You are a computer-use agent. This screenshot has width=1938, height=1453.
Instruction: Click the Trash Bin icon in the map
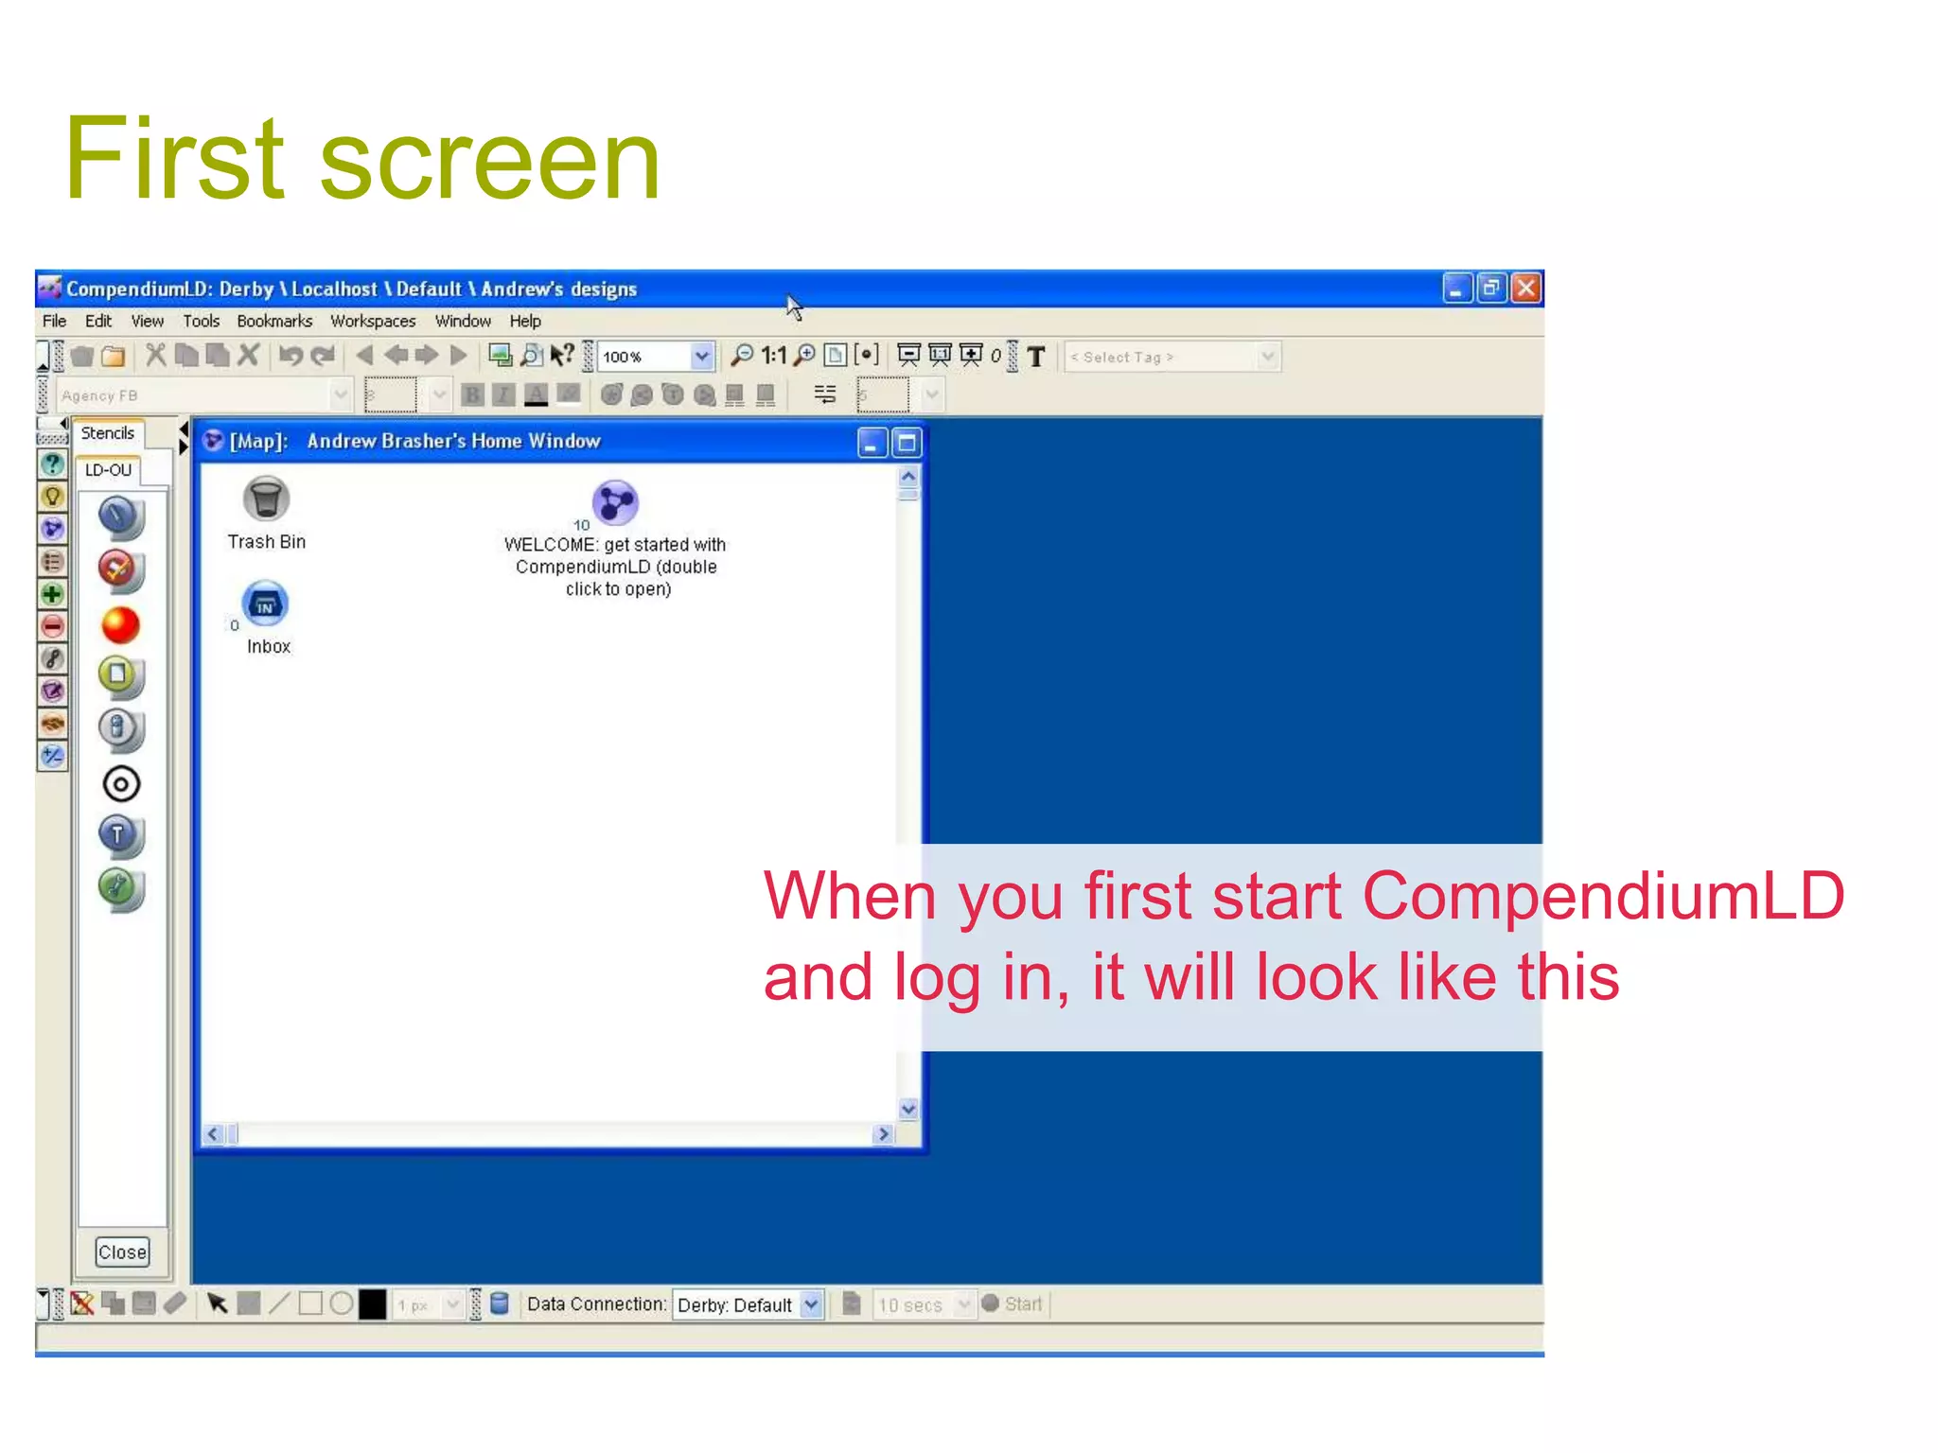click(266, 499)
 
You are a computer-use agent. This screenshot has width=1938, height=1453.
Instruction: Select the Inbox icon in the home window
click(266, 604)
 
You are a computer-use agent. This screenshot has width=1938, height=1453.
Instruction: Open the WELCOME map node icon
click(615, 502)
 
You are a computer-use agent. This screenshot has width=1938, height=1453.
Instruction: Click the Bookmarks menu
click(274, 322)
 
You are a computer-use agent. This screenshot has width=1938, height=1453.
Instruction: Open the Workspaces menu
click(373, 322)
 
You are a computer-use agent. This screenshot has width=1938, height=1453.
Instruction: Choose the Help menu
click(525, 322)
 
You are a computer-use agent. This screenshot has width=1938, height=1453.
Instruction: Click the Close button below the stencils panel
click(122, 1252)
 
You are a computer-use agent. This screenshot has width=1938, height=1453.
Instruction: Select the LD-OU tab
click(108, 470)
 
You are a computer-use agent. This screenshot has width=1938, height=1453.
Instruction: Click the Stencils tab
click(108, 433)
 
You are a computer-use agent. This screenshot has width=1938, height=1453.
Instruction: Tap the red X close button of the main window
click(1525, 288)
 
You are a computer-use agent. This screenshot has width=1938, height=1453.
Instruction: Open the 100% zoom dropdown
click(701, 357)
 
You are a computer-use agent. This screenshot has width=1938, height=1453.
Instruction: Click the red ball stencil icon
click(120, 625)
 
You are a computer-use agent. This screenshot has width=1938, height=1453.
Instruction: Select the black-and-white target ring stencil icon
click(120, 784)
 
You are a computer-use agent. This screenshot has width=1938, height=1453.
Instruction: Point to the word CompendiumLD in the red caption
click(1603, 895)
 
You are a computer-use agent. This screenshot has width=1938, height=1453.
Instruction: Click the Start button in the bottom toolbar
click(1013, 1304)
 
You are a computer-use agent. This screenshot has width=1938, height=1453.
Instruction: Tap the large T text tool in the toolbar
click(1036, 357)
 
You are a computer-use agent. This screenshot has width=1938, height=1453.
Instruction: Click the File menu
click(55, 322)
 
